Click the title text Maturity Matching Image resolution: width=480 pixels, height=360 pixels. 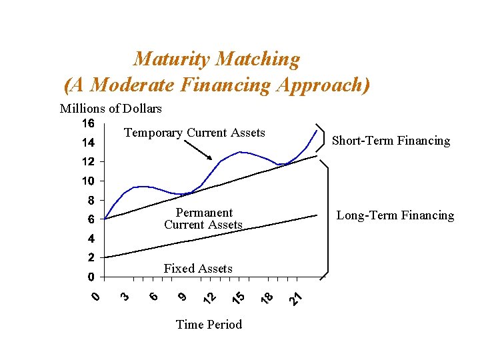(x=217, y=59)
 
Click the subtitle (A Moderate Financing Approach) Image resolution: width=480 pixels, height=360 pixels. (x=217, y=85)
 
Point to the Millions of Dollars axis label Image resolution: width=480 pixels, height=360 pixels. (x=111, y=108)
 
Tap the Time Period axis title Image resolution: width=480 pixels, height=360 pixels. (x=209, y=324)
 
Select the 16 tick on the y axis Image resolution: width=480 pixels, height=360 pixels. (x=88, y=123)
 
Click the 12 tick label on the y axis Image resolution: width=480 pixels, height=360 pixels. (x=88, y=162)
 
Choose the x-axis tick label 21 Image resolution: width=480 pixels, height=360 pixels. (x=296, y=299)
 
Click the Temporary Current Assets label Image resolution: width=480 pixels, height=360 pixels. (x=195, y=133)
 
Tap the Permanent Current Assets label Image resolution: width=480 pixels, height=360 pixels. (x=203, y=219)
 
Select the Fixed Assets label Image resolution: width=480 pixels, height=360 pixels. (x=198, y=269)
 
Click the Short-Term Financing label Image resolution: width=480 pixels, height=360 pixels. (x=391, y=141)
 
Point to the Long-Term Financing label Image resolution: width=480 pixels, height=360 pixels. (x=395, y=215)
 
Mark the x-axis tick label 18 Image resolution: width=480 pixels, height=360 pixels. (x=267, y=299)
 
